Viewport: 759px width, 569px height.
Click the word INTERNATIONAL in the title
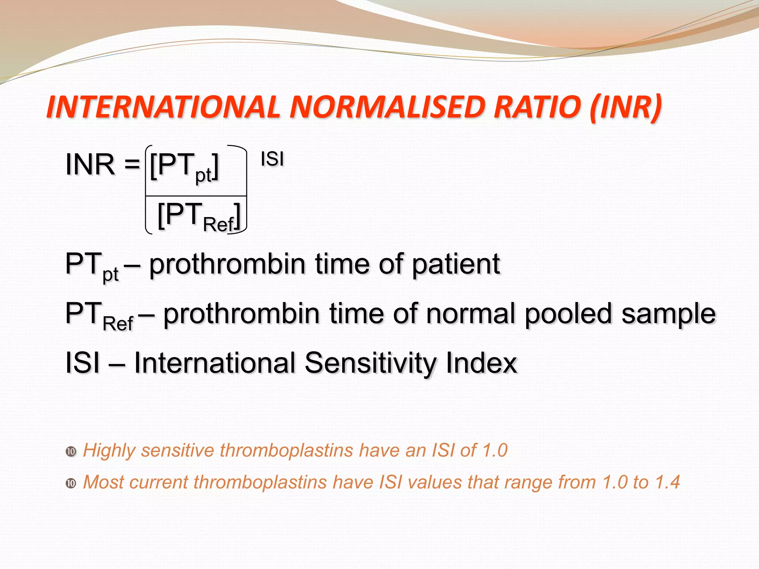[163, 107]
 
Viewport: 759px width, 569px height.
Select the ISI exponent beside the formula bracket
[272, 159]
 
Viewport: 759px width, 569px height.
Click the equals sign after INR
[132, 164]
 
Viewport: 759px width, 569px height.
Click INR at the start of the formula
[90, 164]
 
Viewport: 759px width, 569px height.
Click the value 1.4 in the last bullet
[667, 482]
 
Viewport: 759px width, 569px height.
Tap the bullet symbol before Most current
[71, 483]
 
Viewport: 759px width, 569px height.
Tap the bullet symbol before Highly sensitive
[71, 452]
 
